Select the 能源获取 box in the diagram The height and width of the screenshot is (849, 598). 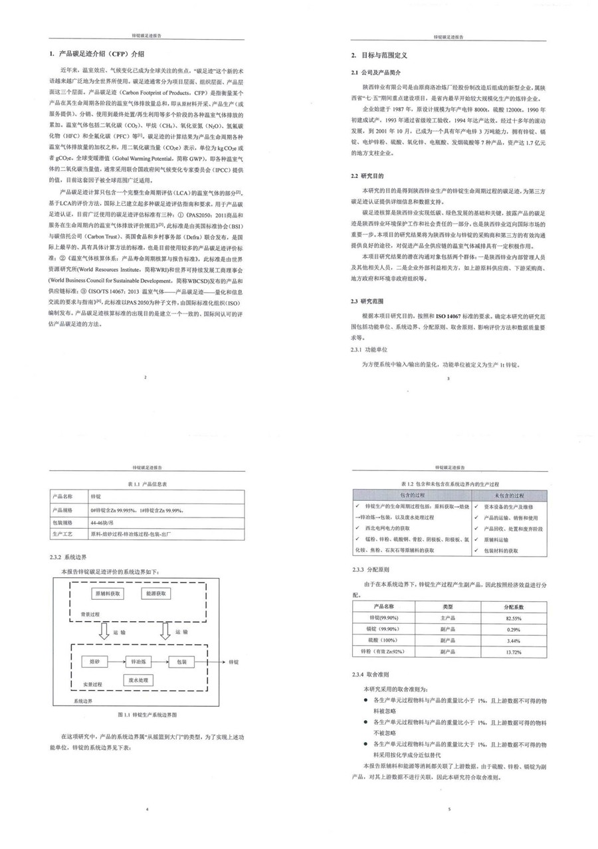157,593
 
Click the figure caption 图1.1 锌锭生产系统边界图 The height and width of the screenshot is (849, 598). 148,715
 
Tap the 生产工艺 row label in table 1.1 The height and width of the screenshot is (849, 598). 64,533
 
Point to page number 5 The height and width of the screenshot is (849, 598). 450,809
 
